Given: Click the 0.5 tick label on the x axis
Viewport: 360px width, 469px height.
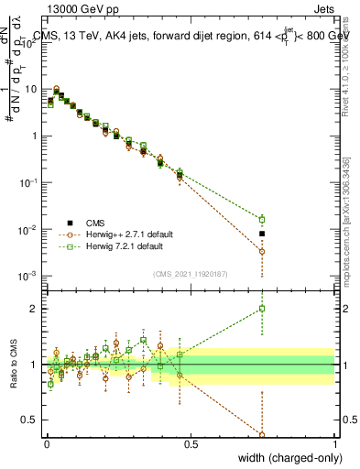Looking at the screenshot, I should point(191,443).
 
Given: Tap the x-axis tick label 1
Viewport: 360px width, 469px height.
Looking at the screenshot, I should point(334,443).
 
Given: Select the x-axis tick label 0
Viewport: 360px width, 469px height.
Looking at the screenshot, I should point(47,443).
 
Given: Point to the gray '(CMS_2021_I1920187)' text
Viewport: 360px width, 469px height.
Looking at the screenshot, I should point(191,273).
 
